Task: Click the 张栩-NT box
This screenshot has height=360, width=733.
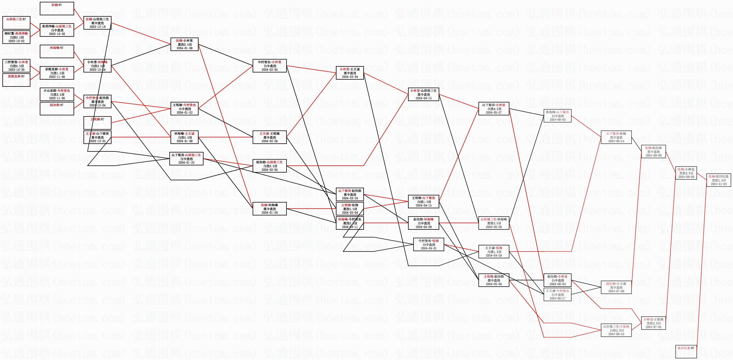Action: tap(57, 8)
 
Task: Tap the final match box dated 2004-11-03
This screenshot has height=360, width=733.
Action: tap(718, 180)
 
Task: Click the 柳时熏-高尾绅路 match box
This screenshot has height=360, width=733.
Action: tap(16, 37)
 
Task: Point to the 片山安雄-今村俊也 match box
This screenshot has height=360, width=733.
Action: tap(57, 94)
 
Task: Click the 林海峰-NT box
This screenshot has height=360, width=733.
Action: tap(57, 51)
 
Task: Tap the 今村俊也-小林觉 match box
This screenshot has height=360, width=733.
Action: tap(270, 66)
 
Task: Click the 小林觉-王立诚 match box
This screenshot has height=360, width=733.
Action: tap(350, 73)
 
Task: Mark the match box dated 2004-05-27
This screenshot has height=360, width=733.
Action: tap(494, 109)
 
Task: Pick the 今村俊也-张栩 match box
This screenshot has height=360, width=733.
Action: tap(429, 244)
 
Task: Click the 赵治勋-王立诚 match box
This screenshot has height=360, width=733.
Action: tap(616, 287)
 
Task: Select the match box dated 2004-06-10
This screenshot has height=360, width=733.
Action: tap(616, 330)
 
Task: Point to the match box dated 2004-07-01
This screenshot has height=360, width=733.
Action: tap(653, 323)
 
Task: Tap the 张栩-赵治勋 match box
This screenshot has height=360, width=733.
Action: tap(653, 152)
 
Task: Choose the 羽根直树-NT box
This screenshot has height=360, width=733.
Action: tap(16, 80)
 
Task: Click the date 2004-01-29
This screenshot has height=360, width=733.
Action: tap(270, 213)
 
